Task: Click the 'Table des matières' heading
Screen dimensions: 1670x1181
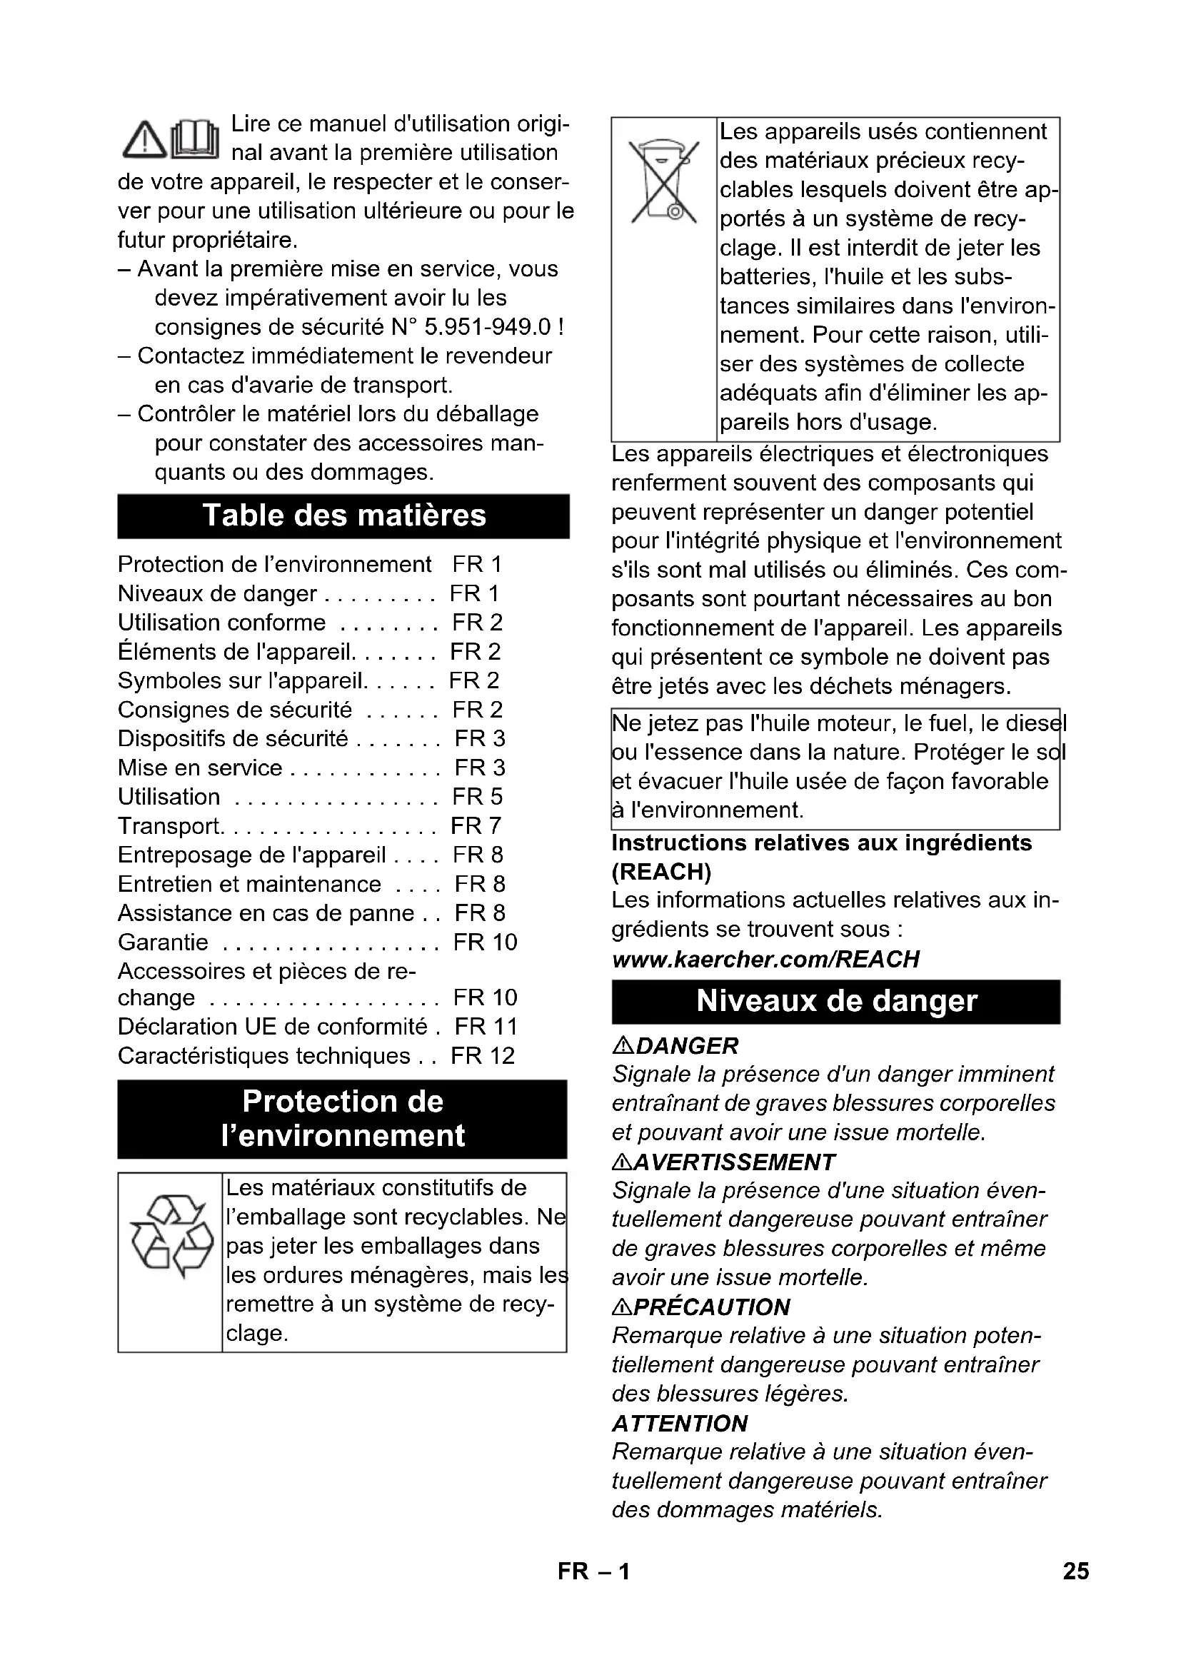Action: tap(343, 515)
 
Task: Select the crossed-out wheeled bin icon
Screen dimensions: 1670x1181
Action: tap(663, 181)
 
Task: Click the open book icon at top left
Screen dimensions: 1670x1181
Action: tap(195, 139)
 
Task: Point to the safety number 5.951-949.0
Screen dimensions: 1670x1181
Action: tap(487, 327)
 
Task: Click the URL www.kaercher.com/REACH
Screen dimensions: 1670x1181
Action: tap(765, 960)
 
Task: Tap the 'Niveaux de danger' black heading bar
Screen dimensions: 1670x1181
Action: tap(835, 1002)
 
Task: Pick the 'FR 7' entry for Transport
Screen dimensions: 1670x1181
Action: tap(476, 826)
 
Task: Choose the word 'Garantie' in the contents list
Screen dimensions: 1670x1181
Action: tap(163, 942)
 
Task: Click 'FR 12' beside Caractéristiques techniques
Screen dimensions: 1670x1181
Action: tap(482, 1056)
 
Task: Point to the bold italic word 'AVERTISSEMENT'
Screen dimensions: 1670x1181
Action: tap(734, 1162)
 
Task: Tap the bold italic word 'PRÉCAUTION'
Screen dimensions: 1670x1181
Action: tap(711, 1307)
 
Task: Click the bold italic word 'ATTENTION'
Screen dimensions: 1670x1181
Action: tap(679, 1424)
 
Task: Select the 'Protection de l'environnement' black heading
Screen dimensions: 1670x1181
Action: tap(342, 1119)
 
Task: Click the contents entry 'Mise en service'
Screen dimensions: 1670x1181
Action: tap(200, 768)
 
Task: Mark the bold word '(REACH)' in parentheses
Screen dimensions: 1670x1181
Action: tap(661, 871)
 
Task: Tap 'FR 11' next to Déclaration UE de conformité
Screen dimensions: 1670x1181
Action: tap(486, 1027)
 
